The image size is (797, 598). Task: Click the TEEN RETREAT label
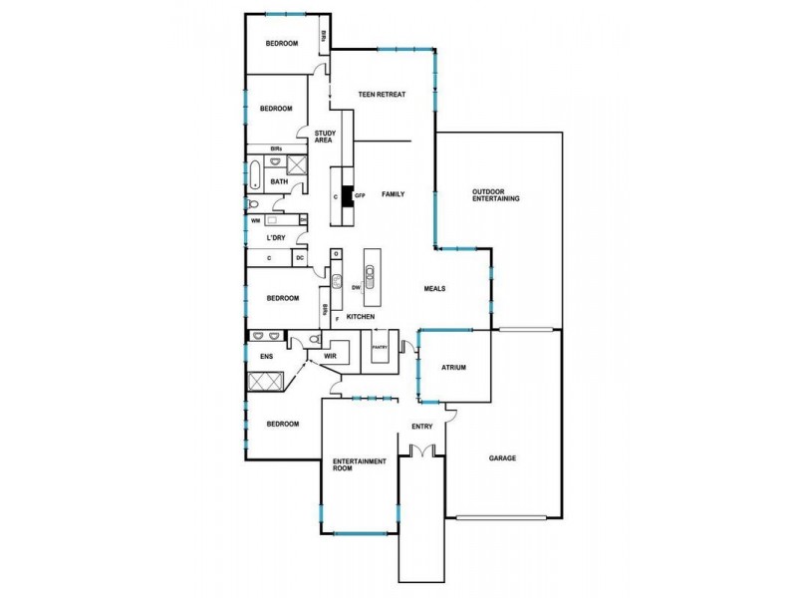[x=384, y=95]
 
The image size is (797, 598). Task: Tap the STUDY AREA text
[x=324, y=137]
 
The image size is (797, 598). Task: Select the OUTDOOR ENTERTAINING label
[x=496, y=195]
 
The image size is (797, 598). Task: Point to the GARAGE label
[x=502, y=458]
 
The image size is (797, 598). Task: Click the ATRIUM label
[x=453, y=368]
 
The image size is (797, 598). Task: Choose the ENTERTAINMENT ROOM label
[x=359, y=465]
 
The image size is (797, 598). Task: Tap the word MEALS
[x=433, y=289]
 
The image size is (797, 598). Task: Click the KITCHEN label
[x=361, y=317]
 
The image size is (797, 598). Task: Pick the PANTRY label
[x=379, y=347]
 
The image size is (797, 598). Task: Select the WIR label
[x=331, y=356]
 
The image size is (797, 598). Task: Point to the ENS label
[x=267, y=356]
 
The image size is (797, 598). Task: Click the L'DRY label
[x=276, y=238]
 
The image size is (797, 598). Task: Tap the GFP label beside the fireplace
[x=361, y=196]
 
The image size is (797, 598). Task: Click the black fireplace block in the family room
[x=348, y=194]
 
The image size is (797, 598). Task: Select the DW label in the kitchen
[x=356, y=288]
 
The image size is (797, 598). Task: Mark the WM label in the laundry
[x=255, y=220]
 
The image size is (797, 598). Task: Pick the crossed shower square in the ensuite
[x=267, y=382]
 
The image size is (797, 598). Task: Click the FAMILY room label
[x=393, y=193]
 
